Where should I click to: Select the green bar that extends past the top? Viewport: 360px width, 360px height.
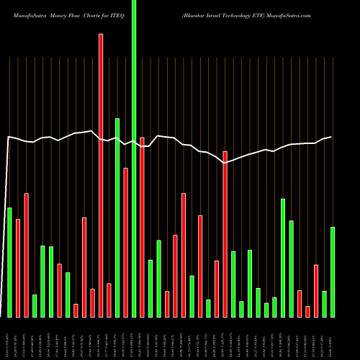click(x=134, y=158)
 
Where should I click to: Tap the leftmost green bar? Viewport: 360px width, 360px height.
click(x=9, y=262)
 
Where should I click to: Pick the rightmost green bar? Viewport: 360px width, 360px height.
click(x=333, y=271)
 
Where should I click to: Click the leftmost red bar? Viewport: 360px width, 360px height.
click(x=18, y=268)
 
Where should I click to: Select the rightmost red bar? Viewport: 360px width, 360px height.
click(x=316, y=291)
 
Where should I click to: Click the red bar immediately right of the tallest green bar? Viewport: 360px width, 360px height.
click(x=143, y=227)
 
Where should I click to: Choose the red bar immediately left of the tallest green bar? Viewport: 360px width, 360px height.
click(x=126, y=242)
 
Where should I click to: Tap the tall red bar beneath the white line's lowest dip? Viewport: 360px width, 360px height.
click(x=225, y=234)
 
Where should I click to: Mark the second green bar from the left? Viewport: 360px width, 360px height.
click(x=35, y=305)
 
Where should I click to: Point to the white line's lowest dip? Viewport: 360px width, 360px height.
click(x=225, y=163)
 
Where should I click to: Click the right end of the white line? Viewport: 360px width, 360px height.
click(x=332, y=137)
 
